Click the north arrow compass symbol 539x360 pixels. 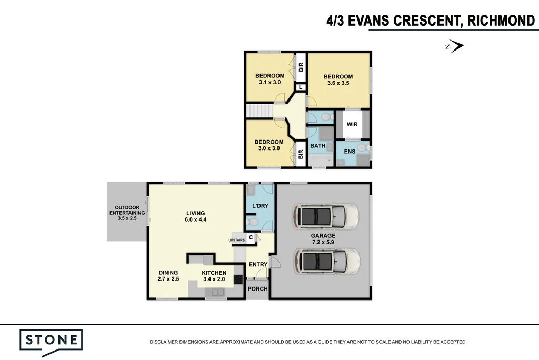(x=456, y=47)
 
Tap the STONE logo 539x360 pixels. (x=51, y=339)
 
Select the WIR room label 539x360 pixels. (x=352, y=125)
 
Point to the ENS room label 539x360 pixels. (x=349, y=152)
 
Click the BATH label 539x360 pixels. (x=317, y=146)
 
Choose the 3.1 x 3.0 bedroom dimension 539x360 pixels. (x=269, y=82)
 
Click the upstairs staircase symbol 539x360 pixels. (x=258, y=112)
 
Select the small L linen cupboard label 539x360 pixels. (x=301, y=88)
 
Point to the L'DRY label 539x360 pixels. (x=261, y=206)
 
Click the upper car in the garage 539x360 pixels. (x=327, y=216)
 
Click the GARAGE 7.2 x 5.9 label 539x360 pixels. (x=323, y=239)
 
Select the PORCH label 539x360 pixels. (x=257, y=289)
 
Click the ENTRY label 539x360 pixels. (x=258, y=264)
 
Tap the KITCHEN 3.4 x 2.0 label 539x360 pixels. (x=214, y=275)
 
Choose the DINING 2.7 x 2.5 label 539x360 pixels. (x=168, y=275)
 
